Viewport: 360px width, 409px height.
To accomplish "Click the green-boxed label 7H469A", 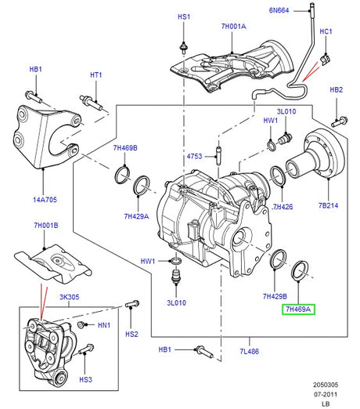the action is pyautogui.click(x=298, y=309).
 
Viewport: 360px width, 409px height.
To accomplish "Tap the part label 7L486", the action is pyautogui.click(x=250, y=351).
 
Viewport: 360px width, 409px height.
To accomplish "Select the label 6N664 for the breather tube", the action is pyautogui.click(x=279, y=10).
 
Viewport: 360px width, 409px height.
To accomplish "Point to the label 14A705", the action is pyautogui.click(x=45, y=200).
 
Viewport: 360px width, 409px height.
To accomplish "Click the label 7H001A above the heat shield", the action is pyautogui.click(x=233, y=27).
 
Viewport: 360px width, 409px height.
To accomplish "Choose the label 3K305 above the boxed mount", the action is pyautogui.click(x=70, y=297).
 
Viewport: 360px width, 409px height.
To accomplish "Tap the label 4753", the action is pyautogui.click(x=194, y=156).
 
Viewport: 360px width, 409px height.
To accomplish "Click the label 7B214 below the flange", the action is pyautogui.click(x=328, y=205).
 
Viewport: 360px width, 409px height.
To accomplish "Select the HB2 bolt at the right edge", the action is pyautogui.click(x=340, y=121).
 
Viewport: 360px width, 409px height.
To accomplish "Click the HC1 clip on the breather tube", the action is pyautogui.click(x=325, y=60).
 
